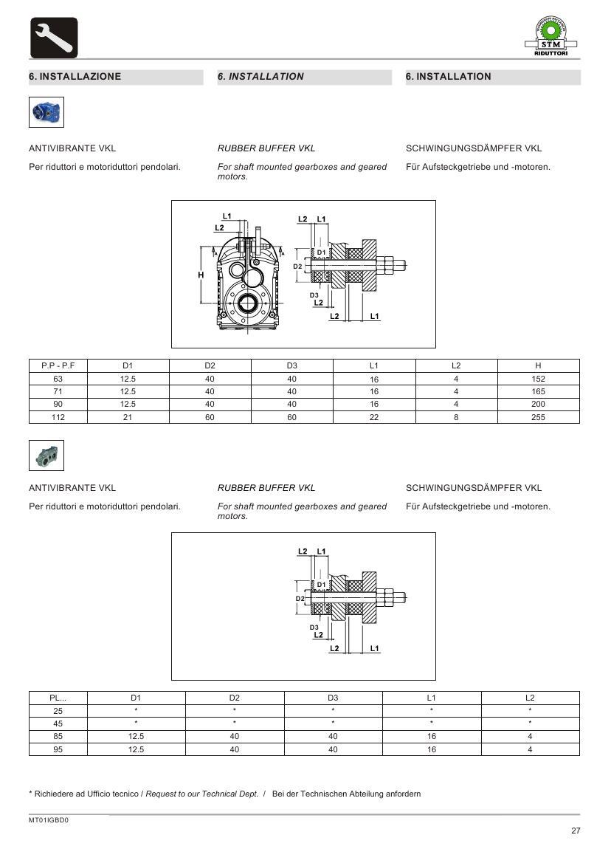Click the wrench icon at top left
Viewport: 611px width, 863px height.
53,38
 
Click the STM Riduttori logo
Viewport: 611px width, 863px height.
556,38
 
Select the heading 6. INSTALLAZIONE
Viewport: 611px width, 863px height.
75,77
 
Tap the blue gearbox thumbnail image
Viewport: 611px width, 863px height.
46,114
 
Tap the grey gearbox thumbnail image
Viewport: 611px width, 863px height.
46,455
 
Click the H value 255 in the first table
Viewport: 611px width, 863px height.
538,417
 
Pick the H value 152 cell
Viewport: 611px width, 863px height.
538,379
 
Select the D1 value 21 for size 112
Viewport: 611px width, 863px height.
128,417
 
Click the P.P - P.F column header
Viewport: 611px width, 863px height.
58,365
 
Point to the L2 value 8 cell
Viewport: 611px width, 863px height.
456,417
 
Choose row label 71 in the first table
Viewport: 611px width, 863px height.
58,391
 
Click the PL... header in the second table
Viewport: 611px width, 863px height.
58,698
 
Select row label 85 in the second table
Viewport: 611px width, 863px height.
58,736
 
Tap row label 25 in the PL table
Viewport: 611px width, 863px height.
58,710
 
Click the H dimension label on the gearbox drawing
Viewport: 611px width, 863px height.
200,275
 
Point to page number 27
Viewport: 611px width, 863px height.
576,831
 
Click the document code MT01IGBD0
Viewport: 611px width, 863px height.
49,819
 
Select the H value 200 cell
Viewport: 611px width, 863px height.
538,404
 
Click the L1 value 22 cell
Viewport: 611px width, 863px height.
374,417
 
